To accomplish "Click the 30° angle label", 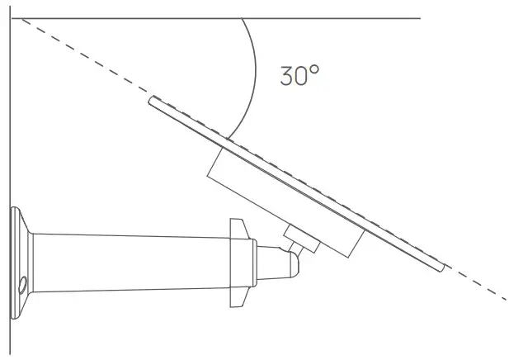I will pyautogui.click(x=299, y=76).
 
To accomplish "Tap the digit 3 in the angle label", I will pyautogui.click(x=286, y=77).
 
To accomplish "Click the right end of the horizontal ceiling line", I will pyautogui.click(x=419, y=17).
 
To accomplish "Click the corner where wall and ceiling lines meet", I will pyautogui.click(x=12, y=17).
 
